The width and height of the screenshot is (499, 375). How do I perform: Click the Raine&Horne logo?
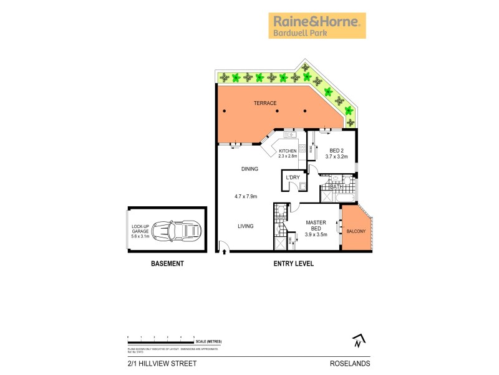click(317, 26)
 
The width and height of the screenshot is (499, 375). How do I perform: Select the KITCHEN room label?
click(288, 151)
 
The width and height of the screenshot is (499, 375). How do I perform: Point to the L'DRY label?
click(293, 177)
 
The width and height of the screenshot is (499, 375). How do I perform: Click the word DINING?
click(249, 169)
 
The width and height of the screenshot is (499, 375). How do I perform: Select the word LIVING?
click(245, 226)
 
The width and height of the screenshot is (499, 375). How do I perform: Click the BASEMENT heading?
click(168, 264)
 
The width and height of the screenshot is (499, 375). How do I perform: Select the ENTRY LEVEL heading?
click(293, 264)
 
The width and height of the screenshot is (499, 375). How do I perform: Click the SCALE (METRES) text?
click(209, 342)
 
